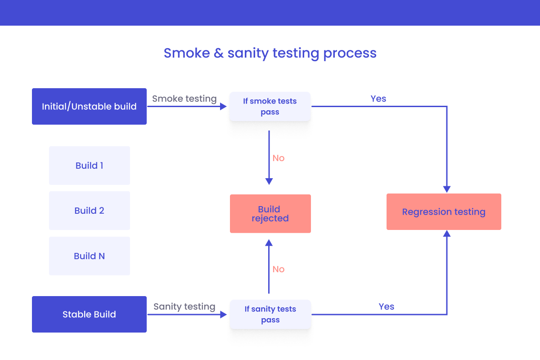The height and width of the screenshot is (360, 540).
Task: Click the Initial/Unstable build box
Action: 89,107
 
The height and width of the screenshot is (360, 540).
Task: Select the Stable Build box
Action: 89,315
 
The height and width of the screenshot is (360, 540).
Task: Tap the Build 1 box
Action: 90,166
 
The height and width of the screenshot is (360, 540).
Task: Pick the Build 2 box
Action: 90,211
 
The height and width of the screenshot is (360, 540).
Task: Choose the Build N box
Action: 90,256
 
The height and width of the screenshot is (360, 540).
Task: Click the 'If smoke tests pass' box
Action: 270,107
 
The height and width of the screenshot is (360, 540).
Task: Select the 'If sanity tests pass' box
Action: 270,315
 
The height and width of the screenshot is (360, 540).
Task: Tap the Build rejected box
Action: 270,214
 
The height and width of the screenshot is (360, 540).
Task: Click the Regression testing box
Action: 444,212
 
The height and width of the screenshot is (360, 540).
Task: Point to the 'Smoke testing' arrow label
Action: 184,99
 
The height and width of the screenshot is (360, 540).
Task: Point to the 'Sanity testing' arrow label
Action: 184,306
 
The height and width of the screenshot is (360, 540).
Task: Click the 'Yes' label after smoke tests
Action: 378,99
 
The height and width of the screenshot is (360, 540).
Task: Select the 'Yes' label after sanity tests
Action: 387,306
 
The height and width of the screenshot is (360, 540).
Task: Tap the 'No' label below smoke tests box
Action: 279,158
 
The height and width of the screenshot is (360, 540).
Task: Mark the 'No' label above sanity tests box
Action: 279,269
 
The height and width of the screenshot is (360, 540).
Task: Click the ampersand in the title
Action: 219,53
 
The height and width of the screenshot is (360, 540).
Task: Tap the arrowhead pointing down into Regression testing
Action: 447,189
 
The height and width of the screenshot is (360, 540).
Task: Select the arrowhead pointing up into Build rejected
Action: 269,243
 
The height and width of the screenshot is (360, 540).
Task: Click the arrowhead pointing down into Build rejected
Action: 269,181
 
